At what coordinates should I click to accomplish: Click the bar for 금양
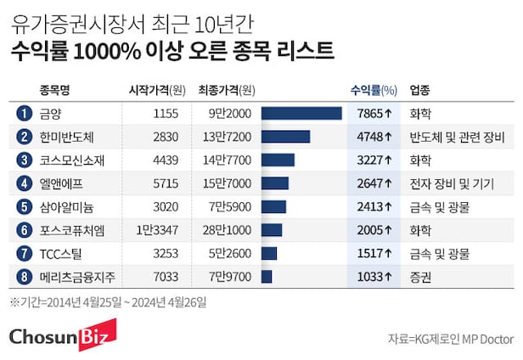pos(301,113)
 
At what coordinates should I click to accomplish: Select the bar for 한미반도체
pos(285,137)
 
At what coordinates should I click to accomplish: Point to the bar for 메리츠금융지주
pos(267,276)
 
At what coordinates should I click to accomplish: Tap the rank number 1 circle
pos(24,113)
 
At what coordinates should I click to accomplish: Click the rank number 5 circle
pos(24,206)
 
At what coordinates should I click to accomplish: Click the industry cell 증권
pos(420,276)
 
